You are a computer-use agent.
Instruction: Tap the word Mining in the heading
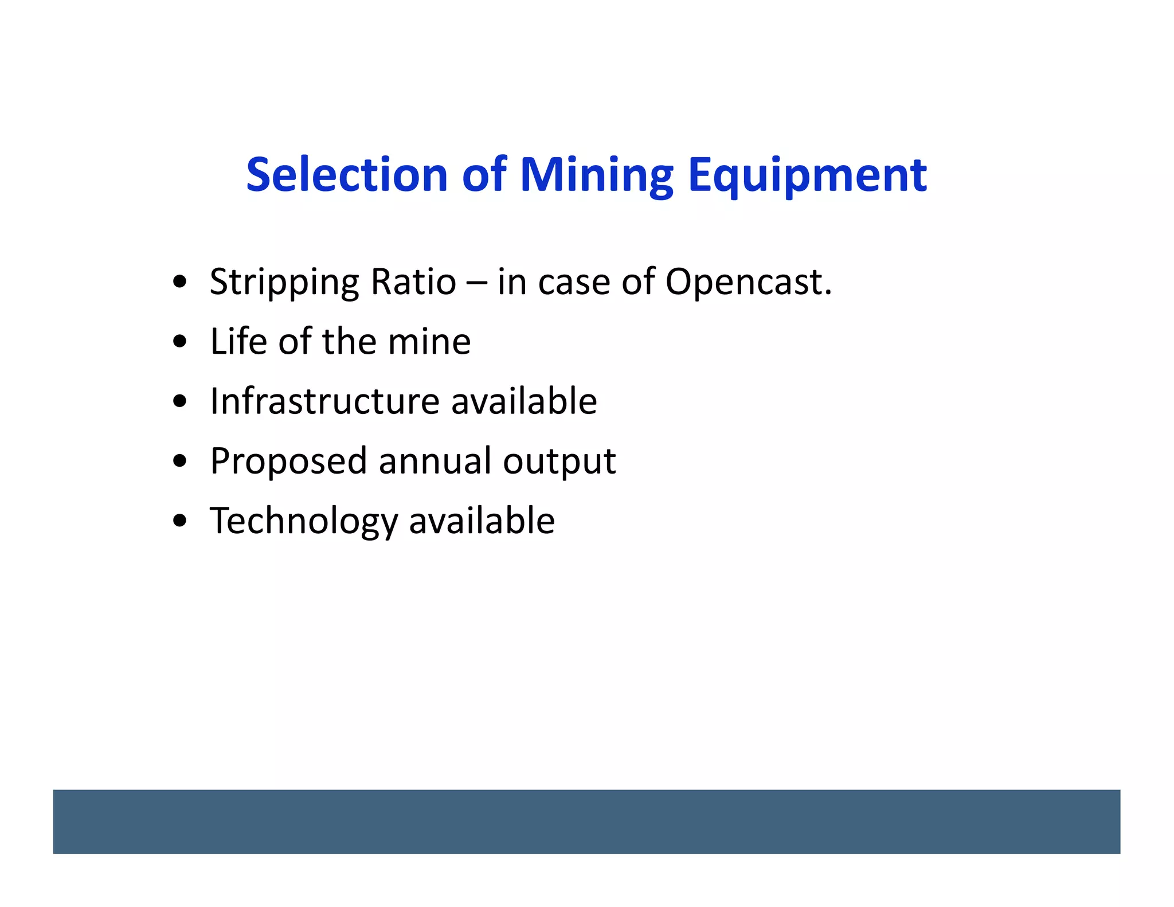[596, 175]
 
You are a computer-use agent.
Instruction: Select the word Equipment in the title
[807, 175]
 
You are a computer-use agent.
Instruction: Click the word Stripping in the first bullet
[284, 283]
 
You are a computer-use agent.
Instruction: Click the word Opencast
[748, 283]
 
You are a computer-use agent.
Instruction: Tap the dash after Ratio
[477, 283]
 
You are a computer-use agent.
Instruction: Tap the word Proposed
[288, 462]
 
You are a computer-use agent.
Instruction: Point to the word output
[559, 462]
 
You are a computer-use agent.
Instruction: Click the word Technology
[303, 521]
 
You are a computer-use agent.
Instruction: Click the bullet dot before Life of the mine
[180, 342]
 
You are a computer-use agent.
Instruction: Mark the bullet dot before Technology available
[180, 521]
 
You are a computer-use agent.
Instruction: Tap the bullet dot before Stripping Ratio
[180, 282]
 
